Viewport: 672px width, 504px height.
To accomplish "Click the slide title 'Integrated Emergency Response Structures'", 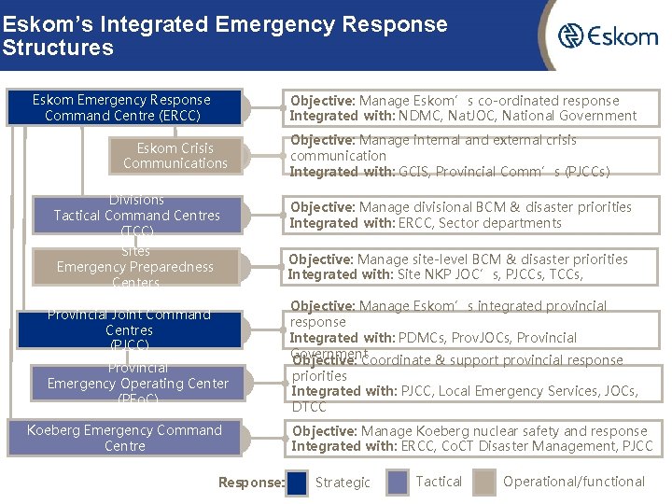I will pos(224,35).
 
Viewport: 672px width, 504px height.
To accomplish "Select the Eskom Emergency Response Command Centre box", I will pos(122,107).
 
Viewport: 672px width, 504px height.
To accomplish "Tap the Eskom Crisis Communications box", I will pos(175,156).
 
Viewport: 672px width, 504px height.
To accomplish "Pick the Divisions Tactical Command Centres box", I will pos(137,216).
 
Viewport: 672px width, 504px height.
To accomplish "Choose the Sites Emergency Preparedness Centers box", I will pos(135,267).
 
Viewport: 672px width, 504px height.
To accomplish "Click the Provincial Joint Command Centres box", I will pos(130,330).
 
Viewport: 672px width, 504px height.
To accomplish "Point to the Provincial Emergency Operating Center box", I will pos(138,384).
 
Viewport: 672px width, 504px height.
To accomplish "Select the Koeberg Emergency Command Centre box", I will pos(125,438).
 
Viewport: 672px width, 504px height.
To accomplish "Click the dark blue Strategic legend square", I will pos(298,483).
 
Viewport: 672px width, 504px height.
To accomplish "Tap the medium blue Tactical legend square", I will pos(398,483).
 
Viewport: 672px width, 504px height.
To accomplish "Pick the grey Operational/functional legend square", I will pos(484,483).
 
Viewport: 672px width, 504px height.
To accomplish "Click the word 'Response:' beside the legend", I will pos(251,483).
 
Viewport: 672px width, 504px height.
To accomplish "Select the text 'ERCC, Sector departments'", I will pos(480,223).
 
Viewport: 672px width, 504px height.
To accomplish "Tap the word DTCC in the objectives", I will pos(309,407).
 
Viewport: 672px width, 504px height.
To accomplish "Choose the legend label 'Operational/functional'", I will pos(574,482).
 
